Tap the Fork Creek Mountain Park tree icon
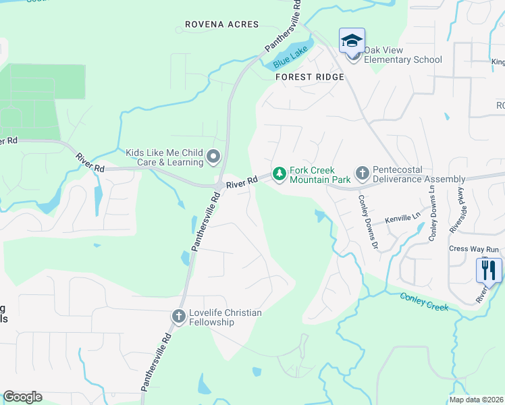[x=279, y=175]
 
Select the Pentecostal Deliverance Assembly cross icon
[x=362, y=174]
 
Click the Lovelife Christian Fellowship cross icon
[x=178, y=316]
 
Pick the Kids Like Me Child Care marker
[x=213, y=158]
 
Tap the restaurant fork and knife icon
[x=489, y=270]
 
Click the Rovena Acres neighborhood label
[x=221, y=24]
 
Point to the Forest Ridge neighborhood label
[x=310, y=77]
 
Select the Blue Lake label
[x=290, y=57]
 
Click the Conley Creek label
[x=424, y=302]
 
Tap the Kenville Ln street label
[x=403, y=219]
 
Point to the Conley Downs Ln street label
[x=433, y=215]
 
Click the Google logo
[x=22, y=397]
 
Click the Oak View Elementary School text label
[x=403, y=55]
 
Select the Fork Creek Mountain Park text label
[x=320, y=175]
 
